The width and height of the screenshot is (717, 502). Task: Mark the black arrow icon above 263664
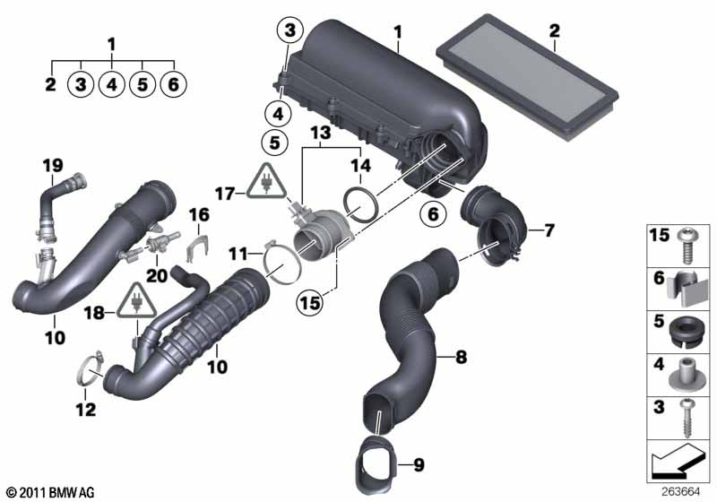pos(675,461)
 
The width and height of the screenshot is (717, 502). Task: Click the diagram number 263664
pos(680,492)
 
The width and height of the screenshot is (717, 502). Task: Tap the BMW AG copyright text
pos(51,492)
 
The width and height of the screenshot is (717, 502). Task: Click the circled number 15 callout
pos(310,302)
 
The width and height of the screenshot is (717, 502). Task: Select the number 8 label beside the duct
pos(461,356)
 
